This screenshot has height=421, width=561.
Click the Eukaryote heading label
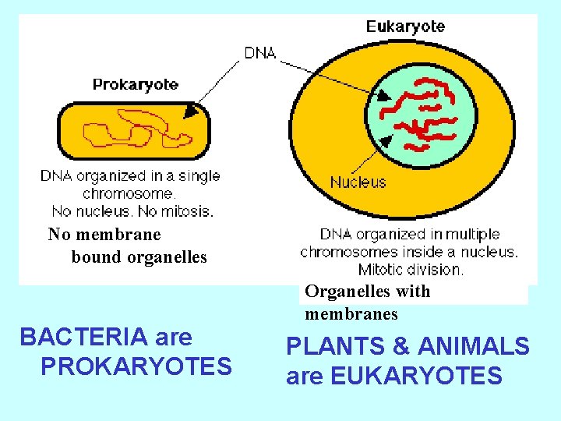[405, 27]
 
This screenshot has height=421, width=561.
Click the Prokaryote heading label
[136, 84]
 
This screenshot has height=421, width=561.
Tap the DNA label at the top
[260, 53]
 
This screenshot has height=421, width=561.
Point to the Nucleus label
[358, 182]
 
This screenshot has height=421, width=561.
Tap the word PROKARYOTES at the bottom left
[136, 366]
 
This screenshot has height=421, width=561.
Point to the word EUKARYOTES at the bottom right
[416, 376]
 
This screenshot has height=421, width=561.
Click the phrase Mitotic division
[411, 270]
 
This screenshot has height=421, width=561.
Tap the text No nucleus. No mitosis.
[132, 210]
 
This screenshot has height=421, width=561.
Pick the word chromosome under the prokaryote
[129, 193]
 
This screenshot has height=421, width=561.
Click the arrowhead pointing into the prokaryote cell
[189, 113]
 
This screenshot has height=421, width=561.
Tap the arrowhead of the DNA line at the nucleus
[386, 97]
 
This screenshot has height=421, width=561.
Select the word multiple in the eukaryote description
[472, 234]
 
